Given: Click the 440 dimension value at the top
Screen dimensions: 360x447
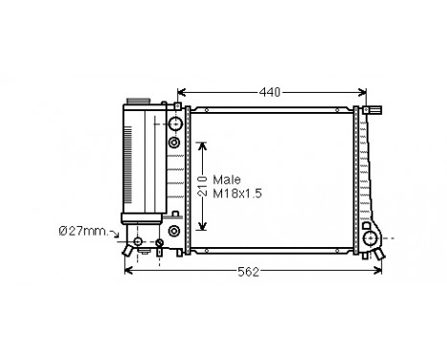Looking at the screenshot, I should pyautogui.click(x=271, y=92).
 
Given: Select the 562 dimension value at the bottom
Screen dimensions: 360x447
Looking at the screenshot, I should pyautogui.click(x=248, y=272).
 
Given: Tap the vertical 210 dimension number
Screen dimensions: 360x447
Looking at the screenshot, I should pyautogui.click(x=202, y=187).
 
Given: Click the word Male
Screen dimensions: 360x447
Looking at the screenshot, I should pyautogui.click(x=226, y=179).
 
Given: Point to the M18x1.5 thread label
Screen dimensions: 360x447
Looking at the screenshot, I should pyautogui.click(x=237, y=193).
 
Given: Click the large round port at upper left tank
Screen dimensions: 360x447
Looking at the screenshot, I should pyautogui.click(x=175, y=124).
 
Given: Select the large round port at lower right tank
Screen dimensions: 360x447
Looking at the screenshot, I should pyautogui.click(x=369, y=237).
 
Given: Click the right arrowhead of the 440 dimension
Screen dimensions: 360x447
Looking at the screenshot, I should pyautogui.click(x=363, y=93).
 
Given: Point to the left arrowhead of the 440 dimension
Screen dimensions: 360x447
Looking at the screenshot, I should pyautogui.click(x=181, y=93).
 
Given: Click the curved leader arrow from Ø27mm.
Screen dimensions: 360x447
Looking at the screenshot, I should pyautogui.click(x=116, y=234).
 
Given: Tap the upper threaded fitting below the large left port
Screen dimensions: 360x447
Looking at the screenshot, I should pyautogui.click(x=174, y=142).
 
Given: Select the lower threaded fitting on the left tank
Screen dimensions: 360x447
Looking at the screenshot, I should pyautogui.click(x=174, y=231).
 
